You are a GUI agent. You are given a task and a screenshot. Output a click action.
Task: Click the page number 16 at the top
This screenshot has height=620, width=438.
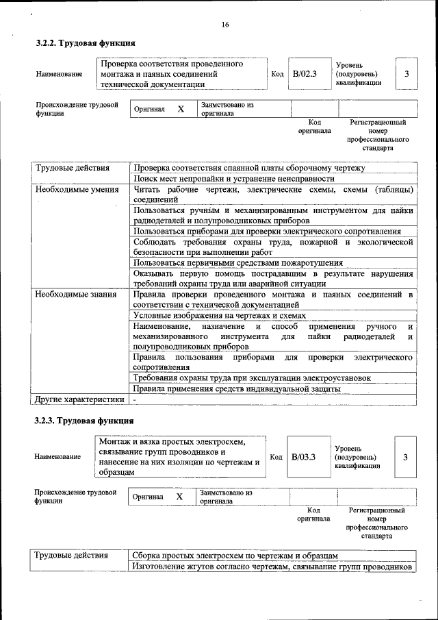pos(225,25)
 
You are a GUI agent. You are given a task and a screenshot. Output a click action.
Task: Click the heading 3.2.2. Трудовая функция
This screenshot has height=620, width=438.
pos(86,43)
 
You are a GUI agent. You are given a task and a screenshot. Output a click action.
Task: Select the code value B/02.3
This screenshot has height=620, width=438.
pos(305,74)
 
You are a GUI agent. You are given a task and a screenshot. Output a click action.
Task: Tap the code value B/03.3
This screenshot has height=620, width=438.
pos(303,457)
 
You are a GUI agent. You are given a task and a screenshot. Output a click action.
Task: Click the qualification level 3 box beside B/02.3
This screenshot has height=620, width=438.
pos(407,74)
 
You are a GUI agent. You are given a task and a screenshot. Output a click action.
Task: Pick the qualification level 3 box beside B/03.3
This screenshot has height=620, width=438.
pos(405,457)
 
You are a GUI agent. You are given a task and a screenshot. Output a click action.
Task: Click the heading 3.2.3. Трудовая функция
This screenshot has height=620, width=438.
pos(84,420)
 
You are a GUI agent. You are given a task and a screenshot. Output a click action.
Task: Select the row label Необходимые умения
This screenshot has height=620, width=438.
pos(73,189)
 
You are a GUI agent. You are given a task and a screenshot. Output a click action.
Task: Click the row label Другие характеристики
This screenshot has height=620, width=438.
pos(79,399)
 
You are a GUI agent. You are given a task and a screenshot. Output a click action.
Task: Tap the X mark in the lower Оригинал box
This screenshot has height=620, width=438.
pos(179,497)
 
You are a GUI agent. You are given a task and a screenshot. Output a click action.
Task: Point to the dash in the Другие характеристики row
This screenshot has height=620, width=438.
pos(135,399)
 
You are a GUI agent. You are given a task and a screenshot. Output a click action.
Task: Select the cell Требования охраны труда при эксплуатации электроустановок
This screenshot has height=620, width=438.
pos(252,377)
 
